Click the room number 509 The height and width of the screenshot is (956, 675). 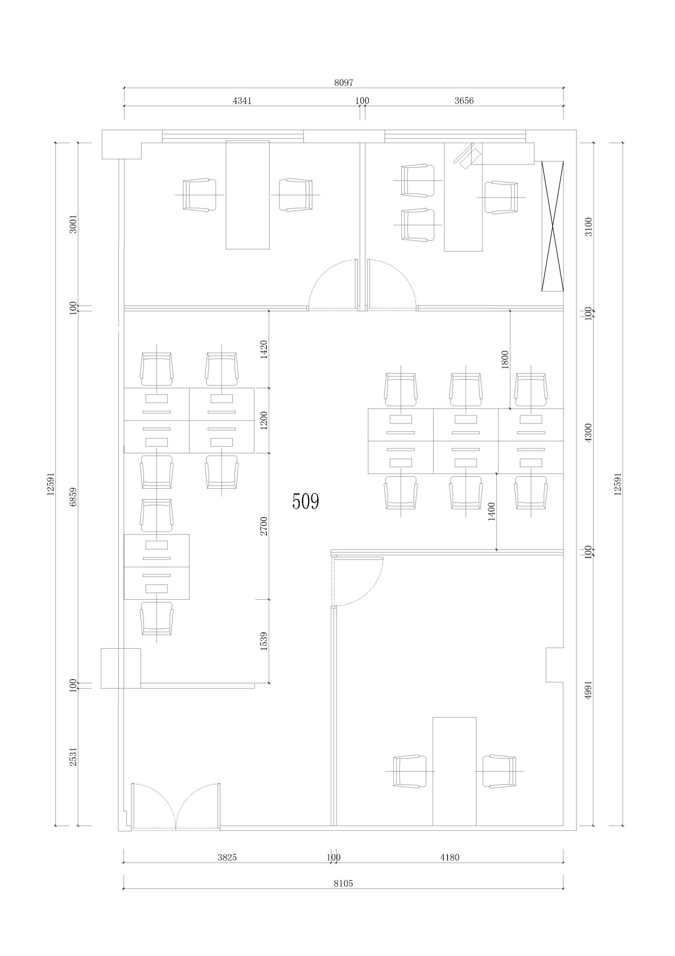point(306,501)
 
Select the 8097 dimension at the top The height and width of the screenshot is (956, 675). point(344,83)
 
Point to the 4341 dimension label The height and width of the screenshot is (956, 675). point(242,101)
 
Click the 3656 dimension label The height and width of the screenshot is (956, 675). point(464,101)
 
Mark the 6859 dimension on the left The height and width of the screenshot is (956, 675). point(73,497)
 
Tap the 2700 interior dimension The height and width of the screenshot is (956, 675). point(264,526)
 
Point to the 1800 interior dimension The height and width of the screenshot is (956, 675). point(505,360)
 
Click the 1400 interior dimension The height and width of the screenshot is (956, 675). point(491,511)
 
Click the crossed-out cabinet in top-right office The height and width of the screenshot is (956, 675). point(553,226)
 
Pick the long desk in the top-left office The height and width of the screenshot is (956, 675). point(248,195)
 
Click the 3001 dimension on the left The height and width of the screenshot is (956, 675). point(73,224)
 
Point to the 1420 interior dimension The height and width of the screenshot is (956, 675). point(264,349)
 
